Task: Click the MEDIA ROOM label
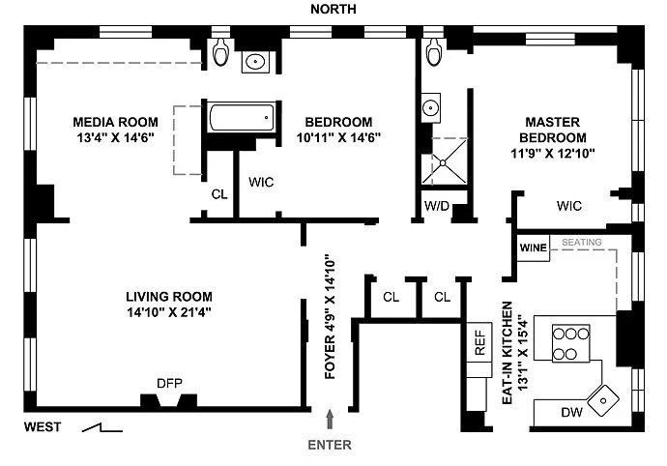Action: (115, 122)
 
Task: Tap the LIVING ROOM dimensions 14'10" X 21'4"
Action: (169, 312)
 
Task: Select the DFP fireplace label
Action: (169, 384)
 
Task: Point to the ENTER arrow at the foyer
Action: (330, 420)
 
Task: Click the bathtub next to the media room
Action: (242, 117)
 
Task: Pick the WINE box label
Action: (533, 248)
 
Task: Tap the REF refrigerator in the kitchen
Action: (479, 342)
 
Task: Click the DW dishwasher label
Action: (571, 412)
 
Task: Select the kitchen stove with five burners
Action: (570, 343)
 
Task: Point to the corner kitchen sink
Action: (603, 400)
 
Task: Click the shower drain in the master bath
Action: (443, 163)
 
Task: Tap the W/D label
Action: (437, 206)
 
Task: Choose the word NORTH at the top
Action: (333, 9)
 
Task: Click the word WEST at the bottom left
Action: (43, 427)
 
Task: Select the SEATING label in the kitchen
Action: (582, 242)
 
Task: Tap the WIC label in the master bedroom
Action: (568, 206)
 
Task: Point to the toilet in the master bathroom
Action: (434, 51)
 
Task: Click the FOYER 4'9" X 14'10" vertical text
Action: (330, 316)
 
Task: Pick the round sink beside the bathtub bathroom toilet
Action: (255, 62)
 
